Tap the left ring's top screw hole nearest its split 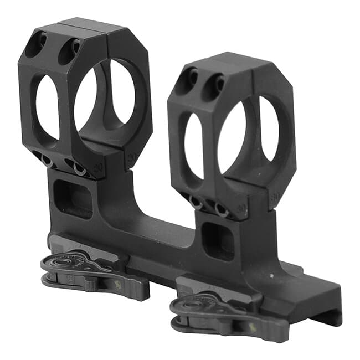click(70, 48)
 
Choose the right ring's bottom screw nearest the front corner click(221, 210)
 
